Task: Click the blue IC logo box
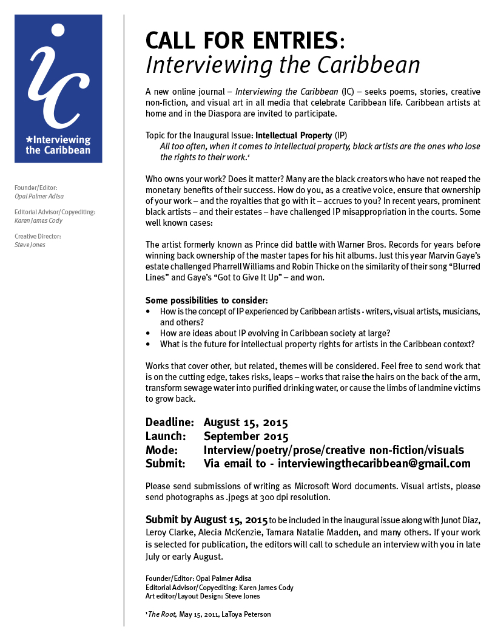58,89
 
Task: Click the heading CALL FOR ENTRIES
241,40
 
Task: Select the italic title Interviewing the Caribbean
283,65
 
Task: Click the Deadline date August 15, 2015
245,422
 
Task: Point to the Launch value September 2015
246,436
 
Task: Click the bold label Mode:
161,450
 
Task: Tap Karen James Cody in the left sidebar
38,221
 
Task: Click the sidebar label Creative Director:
38,236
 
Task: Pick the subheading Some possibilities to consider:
206,300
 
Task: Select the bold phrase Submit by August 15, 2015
206,520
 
